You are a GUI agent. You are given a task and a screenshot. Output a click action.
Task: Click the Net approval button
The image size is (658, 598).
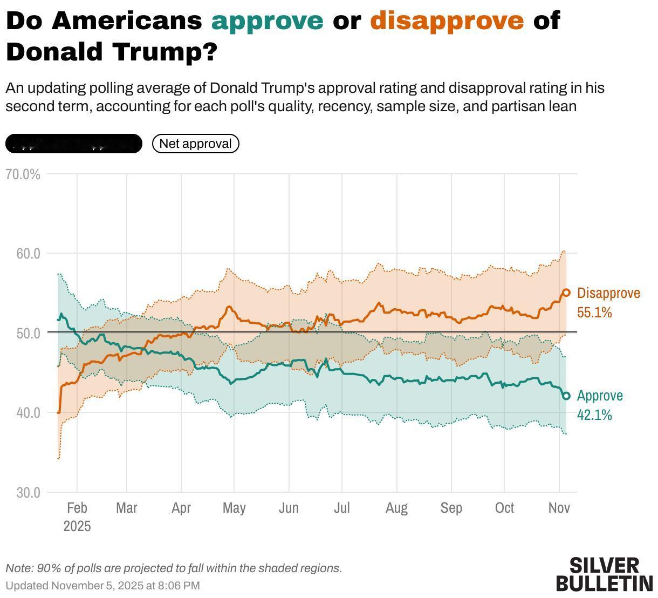[195, 144]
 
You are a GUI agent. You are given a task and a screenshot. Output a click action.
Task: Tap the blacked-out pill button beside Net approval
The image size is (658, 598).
[74, 144]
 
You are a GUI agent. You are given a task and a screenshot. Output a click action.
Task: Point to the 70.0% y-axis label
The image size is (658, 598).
[22, 174]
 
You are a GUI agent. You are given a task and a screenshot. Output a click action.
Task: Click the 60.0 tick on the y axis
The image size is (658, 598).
[29, 253]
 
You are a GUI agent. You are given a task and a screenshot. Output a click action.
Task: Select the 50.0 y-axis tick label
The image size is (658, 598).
[29, 333]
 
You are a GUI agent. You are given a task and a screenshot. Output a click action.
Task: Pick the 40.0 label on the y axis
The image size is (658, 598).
[29, 412]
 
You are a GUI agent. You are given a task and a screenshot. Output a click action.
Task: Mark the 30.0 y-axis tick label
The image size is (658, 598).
[29, 492]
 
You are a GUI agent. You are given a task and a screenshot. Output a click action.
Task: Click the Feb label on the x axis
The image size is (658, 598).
[77, 508]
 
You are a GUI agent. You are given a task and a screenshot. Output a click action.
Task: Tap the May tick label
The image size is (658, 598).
[234, 508]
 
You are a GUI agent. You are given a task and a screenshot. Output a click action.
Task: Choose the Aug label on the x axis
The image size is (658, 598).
[396, 508]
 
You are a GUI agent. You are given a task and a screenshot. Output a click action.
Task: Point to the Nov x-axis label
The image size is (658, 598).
[559, 508]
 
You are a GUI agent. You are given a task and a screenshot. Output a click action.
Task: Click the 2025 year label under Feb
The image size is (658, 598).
[77, 526]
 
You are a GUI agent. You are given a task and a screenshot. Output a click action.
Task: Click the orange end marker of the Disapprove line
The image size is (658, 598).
[566, 293]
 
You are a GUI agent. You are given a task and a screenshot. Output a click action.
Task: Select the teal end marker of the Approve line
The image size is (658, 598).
[566, 396]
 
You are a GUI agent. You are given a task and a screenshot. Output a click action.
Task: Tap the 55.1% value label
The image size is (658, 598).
[594, 312]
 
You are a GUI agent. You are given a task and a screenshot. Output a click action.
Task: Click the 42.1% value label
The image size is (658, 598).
[594, 415]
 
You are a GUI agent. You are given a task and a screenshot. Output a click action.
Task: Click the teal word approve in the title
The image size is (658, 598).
[268, 21]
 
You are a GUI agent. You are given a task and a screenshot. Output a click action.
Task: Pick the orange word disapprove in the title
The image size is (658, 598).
[447, 21]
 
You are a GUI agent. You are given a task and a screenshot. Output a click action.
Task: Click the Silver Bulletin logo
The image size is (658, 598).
[604, 574]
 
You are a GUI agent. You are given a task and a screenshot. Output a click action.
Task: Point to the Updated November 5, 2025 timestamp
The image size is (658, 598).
[102, 586]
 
